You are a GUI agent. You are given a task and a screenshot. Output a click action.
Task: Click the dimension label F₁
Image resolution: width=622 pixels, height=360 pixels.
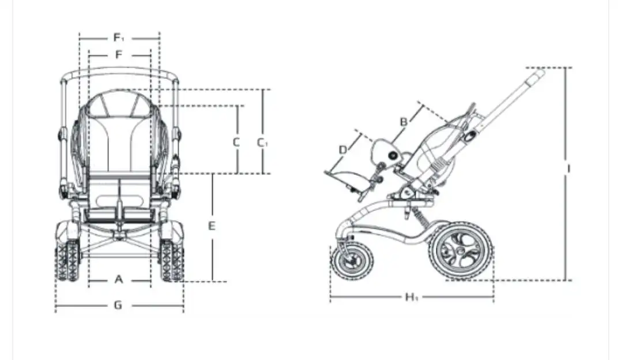[x=119, y=37]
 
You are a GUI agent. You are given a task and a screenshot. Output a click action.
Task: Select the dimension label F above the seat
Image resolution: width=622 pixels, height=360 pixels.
[x=119, y=54]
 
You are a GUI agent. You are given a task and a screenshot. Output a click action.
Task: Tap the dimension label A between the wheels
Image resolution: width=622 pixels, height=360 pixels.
[x=119, y=280]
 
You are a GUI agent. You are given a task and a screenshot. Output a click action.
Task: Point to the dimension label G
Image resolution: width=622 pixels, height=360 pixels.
[x=118, y=305]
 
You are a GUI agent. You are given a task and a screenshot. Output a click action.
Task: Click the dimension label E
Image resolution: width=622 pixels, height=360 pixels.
[x=212, y=226]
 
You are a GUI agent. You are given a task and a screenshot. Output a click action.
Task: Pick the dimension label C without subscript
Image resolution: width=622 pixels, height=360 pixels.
[x=236, y=142]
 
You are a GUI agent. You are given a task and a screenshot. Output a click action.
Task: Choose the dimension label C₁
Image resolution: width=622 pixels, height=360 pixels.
[x=262, y=142]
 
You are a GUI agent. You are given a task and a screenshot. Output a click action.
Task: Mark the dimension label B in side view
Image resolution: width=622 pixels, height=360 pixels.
[x=404, y=122]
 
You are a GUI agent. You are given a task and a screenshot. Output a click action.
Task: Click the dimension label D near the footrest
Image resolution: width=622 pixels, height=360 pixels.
[x=343, y=149]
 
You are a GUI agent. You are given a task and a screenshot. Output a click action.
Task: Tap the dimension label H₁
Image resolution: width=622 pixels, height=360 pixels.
[x=412, y=297]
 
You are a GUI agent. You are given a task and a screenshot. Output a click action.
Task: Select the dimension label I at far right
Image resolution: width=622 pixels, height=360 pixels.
[x=568, y=169]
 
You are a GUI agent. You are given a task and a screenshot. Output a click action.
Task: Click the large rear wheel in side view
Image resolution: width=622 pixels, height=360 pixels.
[x=461, y=251]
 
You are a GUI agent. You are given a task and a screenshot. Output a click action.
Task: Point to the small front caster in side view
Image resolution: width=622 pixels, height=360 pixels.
[x=352, y=262]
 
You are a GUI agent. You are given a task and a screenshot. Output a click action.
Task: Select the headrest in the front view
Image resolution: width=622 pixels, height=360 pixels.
[x=119, y=104]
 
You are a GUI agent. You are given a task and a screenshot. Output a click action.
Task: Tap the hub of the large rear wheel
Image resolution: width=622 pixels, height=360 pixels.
[x=461, y=251]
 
